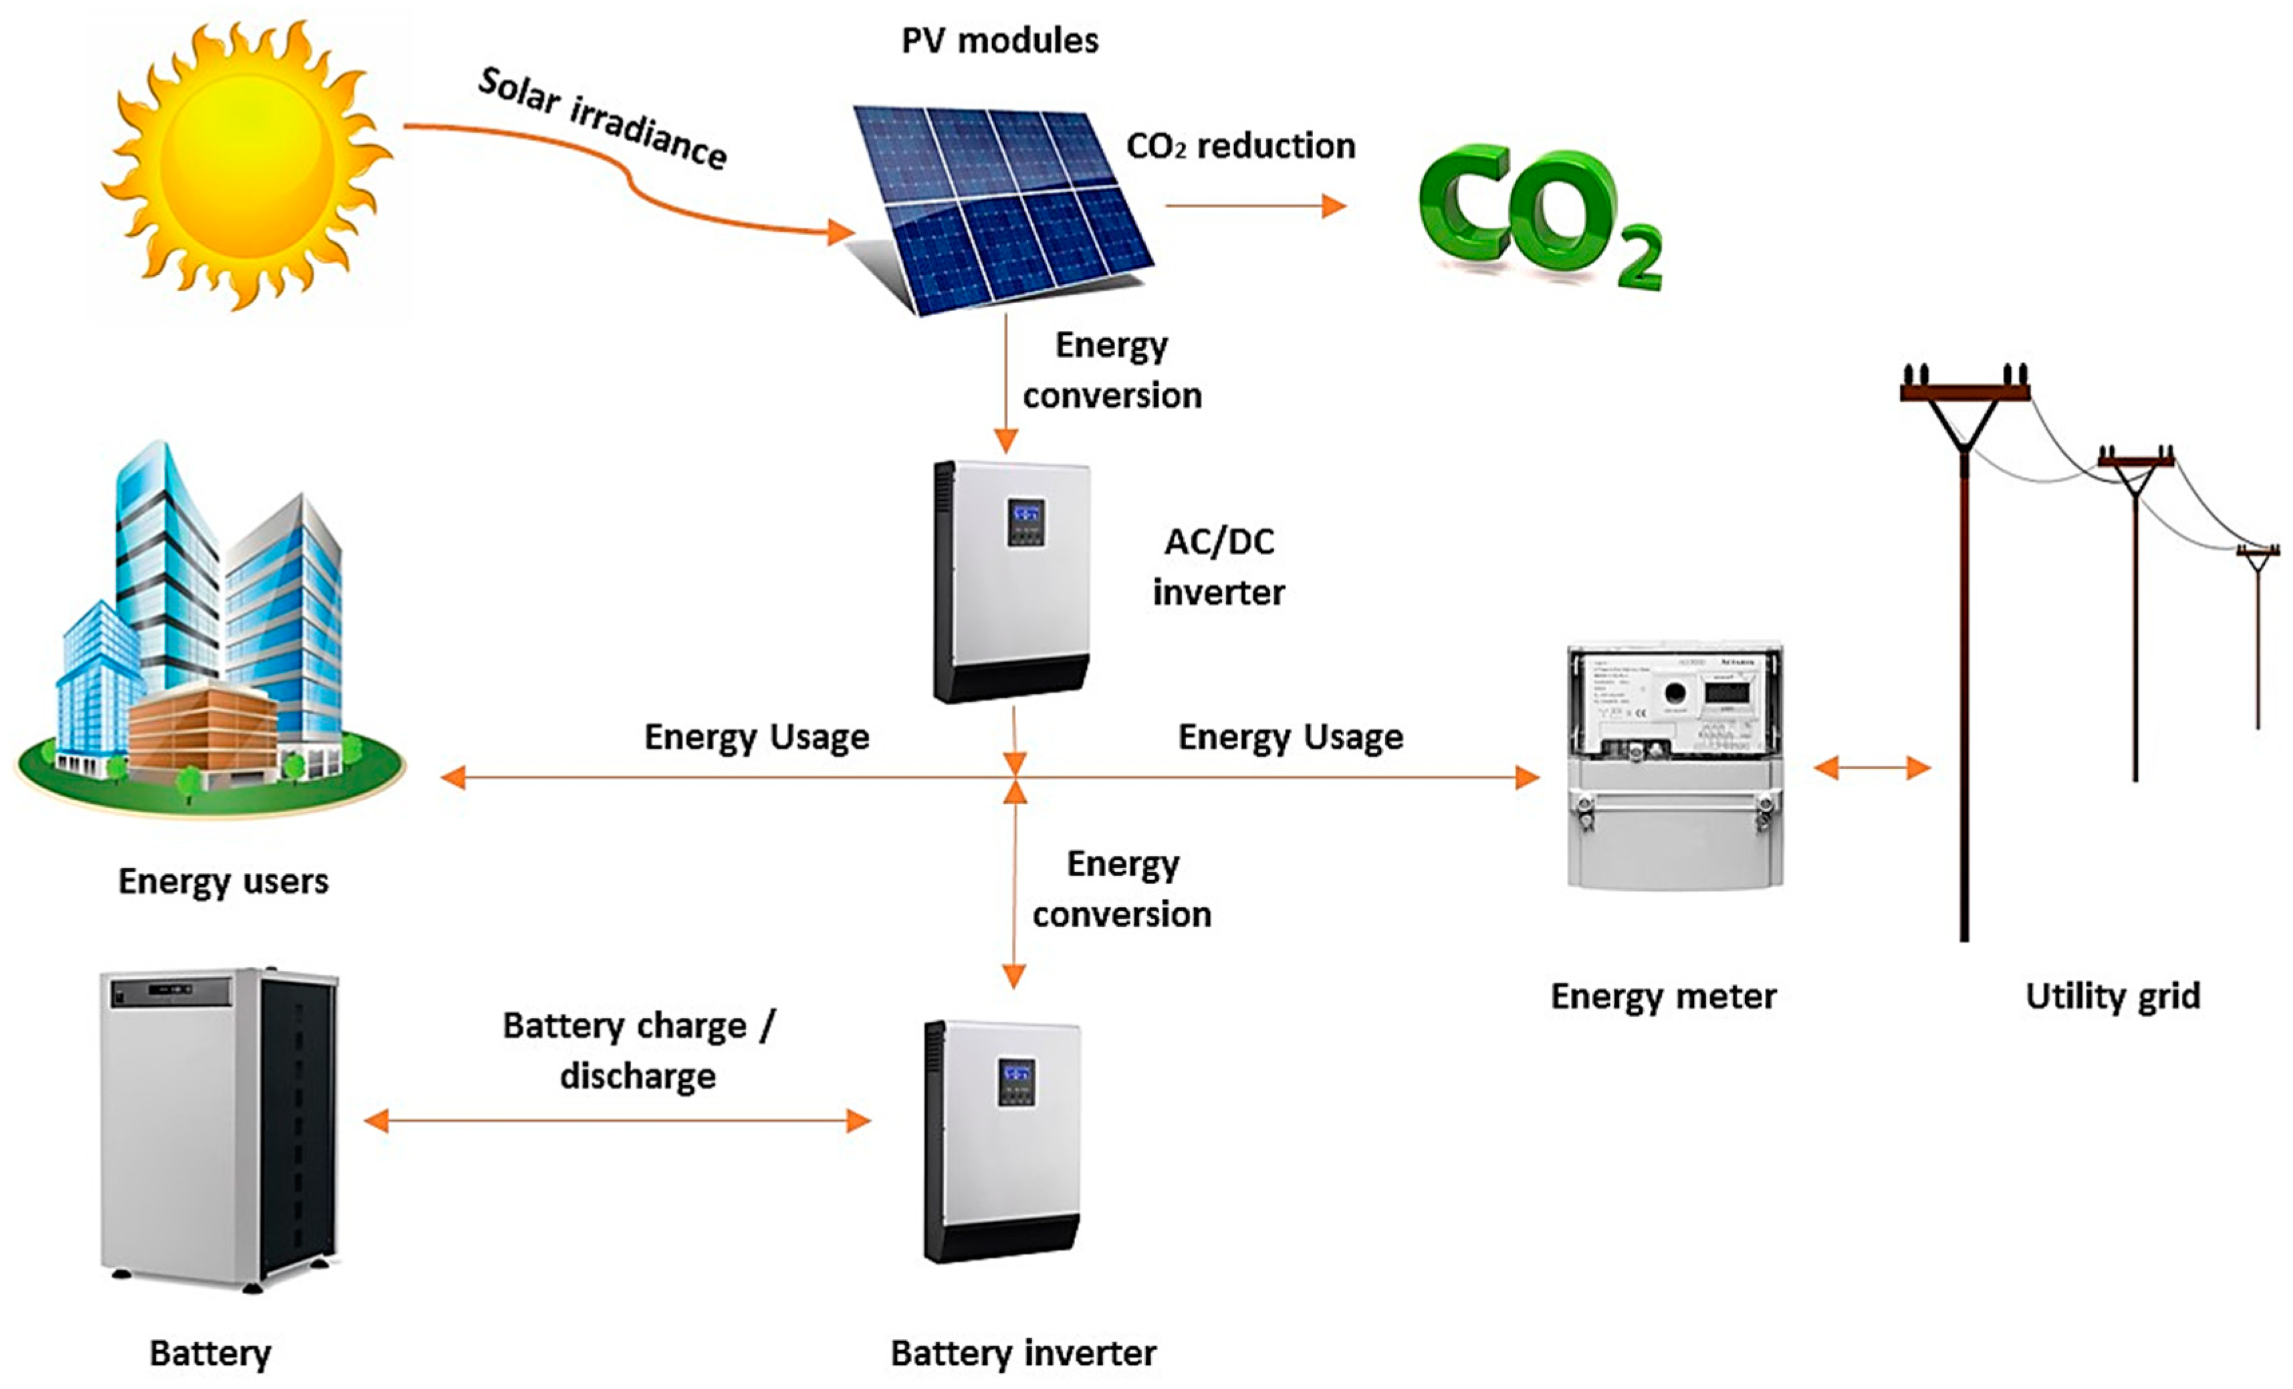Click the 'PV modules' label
point(999,41)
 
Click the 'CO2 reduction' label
point(1241,146)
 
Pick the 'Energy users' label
point(223,881)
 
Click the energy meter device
point(1675,765)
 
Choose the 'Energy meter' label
point(1663,996)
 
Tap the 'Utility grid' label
point(2113,996)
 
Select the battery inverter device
point(1002,1140)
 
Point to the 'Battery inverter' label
point(1023,1353)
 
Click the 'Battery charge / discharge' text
point(638,1050)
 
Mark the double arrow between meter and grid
point(1873,768)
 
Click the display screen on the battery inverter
point(1016,1080)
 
